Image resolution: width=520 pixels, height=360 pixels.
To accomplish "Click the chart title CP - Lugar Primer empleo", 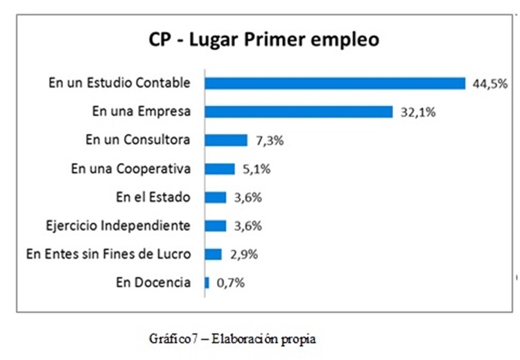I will (x=263, y=40).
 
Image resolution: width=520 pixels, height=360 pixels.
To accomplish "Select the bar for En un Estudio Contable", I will (x=335, y=83).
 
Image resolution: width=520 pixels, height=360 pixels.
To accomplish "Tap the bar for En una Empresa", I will (x=299, y=112).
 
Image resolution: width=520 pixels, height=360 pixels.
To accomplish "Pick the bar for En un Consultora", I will (x=226, y=140).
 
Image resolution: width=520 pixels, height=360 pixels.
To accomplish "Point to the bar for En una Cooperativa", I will (x=220, y=169).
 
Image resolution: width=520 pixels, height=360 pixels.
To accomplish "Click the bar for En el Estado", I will (x=216, y=197).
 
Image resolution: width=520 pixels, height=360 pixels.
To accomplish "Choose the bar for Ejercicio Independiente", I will (x=216, y=225).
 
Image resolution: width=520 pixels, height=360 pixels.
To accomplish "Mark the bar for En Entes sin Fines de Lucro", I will (x=214, y=254).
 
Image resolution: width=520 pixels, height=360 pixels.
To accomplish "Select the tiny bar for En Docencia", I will (x=207, y=282).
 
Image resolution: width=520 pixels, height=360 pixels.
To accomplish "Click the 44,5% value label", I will (x=488, y=83).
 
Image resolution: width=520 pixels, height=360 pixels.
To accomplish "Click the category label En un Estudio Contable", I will (x=119, y=83).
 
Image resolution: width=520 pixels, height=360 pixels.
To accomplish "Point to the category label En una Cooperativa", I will (x=130, y=169).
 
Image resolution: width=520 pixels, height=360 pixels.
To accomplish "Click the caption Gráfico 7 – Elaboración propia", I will (x=232, y=341).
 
